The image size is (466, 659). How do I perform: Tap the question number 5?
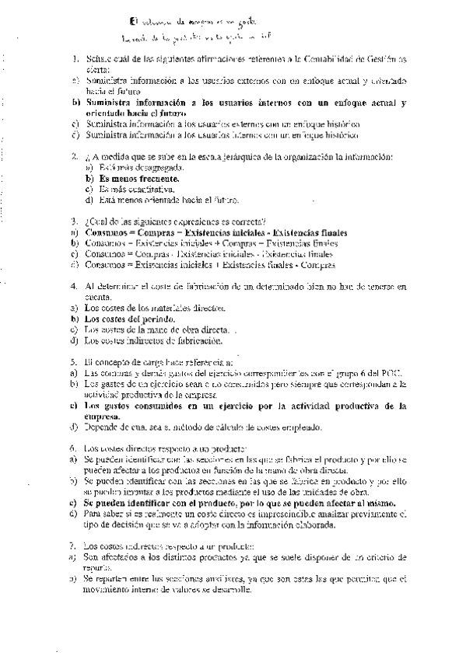click(74, 362)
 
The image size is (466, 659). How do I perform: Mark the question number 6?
click(74, 448)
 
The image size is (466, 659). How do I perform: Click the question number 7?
click(74, 546)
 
